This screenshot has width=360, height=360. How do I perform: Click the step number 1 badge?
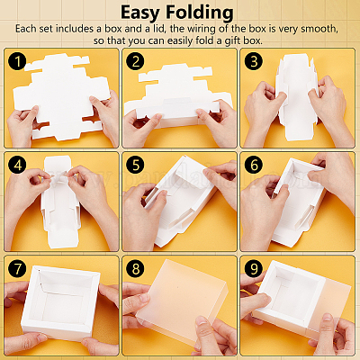[x=17, y=61]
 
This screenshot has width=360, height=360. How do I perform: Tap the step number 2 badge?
[x=136, y=61]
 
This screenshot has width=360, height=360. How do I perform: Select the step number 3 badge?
[x=254, y=61]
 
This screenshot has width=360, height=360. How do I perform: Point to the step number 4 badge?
[x=17, y=165]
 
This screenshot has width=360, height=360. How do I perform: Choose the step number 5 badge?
[x=136, y=165]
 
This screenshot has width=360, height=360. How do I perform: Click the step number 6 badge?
[x=254, y=165]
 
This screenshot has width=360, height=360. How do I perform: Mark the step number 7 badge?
[x=17, y=268]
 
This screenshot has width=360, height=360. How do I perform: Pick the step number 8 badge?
[x=136, y=268]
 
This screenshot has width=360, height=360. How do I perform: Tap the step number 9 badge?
[x=254, y=268]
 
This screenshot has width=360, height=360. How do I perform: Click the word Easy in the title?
[x=140, y=13]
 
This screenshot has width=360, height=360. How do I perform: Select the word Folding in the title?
[x=200, y=13]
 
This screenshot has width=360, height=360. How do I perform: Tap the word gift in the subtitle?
[x=233, y=40]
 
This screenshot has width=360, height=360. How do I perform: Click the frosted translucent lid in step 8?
[x=182, y=303]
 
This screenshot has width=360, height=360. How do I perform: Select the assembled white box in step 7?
[x=60, y=303]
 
